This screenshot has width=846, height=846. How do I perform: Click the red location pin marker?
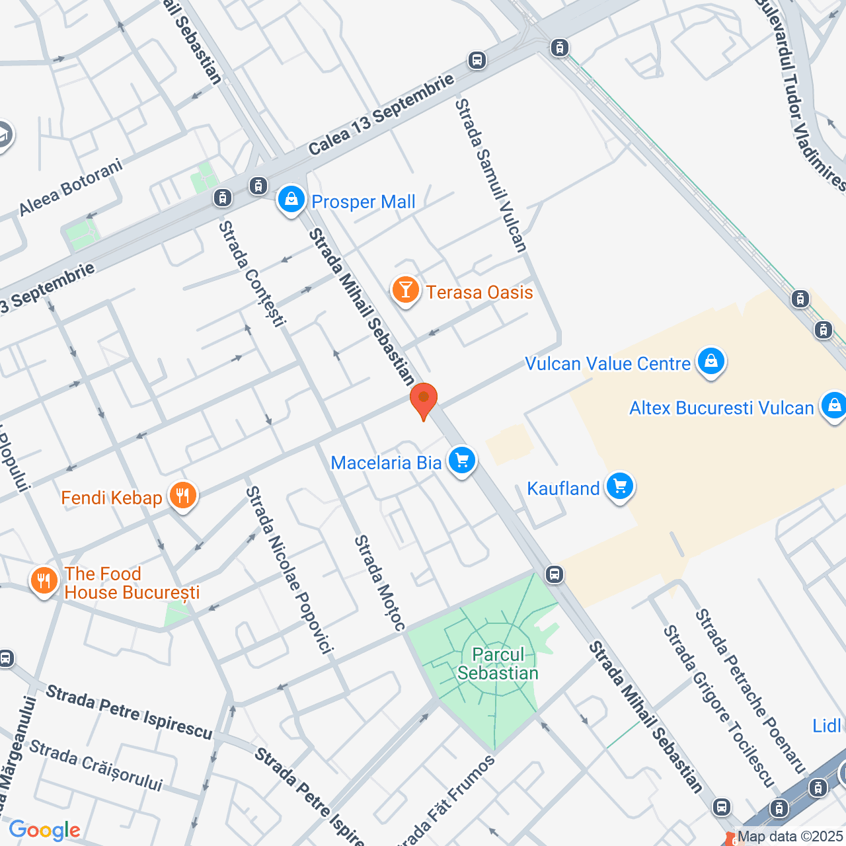(x=423, y=400)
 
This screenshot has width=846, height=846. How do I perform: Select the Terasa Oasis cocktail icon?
(x=405, y=290)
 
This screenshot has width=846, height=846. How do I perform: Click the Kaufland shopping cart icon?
(x=619, y=487)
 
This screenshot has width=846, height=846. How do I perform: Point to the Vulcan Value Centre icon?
(x=711, y=362)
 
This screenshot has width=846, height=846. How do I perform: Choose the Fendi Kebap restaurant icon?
(x=182, y=496)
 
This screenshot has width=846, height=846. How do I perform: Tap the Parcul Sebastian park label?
(x=498, y=664)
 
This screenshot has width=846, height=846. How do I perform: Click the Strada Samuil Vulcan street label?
(x=491, y=176)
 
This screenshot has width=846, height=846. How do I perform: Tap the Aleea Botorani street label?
(x=71, y=187)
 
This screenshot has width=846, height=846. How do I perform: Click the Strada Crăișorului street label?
(x=96, y=766)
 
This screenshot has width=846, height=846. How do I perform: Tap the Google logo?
(x=44, y=830)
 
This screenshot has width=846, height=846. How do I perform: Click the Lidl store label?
(x=826, y=726)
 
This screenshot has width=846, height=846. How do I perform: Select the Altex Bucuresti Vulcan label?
(x=721, y=408)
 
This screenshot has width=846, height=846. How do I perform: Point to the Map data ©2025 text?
(x=790, y=837)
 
